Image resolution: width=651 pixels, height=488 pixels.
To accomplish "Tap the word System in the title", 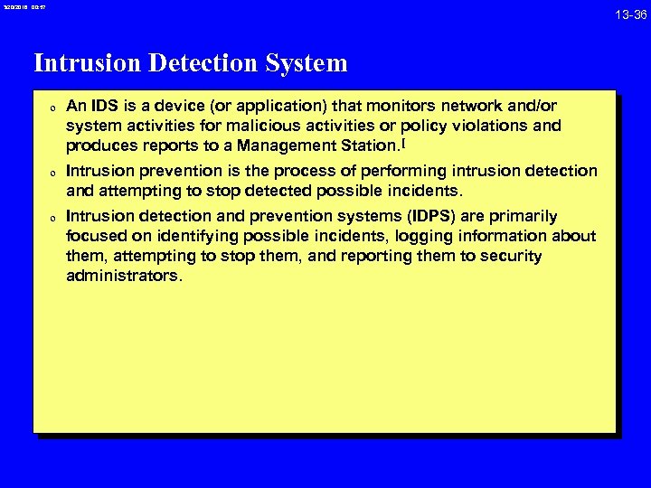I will (x=303, y=63).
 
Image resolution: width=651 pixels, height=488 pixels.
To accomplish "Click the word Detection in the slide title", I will (x=198, y=63).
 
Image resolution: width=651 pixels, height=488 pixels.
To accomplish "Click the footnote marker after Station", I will (x=401, y=142).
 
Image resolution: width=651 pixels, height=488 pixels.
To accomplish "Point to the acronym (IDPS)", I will (x=391, y=216).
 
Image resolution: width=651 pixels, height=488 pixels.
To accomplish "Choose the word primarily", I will (x=525, y=216).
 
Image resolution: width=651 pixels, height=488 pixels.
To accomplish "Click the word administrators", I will (x=124, y=276).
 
